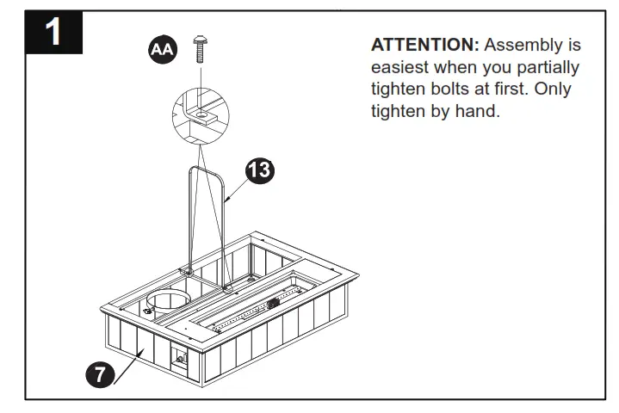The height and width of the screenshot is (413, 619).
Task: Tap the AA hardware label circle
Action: pos(161,51)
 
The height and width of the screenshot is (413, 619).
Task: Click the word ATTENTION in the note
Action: pos(425,45)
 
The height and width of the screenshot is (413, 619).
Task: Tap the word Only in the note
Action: pos(553,89)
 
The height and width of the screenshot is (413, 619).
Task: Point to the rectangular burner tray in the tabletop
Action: pos(258,310)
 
